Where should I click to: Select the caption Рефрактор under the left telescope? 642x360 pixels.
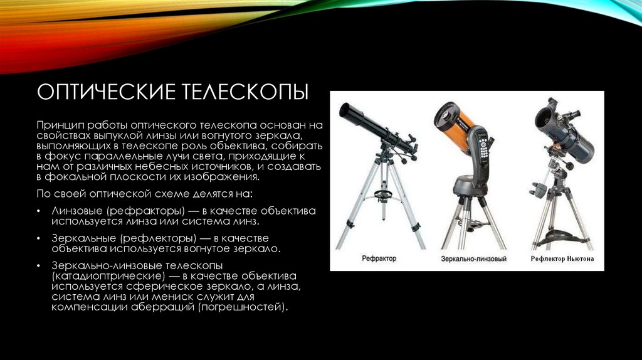click(379, 258)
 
